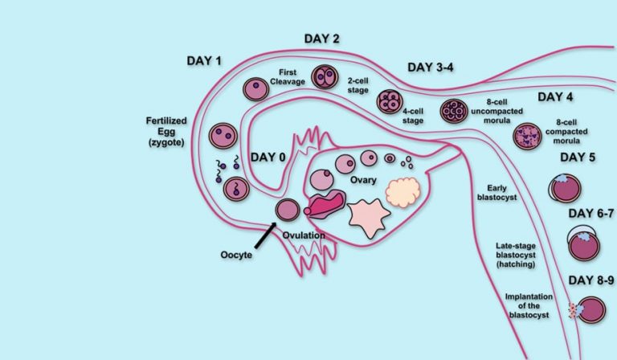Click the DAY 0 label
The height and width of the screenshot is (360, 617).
268,157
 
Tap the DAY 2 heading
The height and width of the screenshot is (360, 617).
321,39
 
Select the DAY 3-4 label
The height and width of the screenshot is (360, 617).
430,67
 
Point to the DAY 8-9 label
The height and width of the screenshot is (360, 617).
591,280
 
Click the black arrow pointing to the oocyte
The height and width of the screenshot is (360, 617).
265,235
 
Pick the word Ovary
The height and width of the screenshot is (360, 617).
363,180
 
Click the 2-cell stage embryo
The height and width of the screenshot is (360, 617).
325,76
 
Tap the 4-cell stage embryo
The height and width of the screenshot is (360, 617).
390,101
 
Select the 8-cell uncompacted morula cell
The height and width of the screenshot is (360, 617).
454,111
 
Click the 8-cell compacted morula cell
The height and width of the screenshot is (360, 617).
527,137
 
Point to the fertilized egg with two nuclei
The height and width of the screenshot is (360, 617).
223,136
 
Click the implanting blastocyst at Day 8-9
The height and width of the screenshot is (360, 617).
587,310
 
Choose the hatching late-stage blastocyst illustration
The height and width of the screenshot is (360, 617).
583,243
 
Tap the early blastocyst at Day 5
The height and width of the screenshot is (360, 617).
565,188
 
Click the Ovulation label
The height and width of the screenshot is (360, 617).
304,235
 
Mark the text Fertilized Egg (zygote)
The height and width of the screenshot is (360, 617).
166,132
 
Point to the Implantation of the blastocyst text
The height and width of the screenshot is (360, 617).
529,305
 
